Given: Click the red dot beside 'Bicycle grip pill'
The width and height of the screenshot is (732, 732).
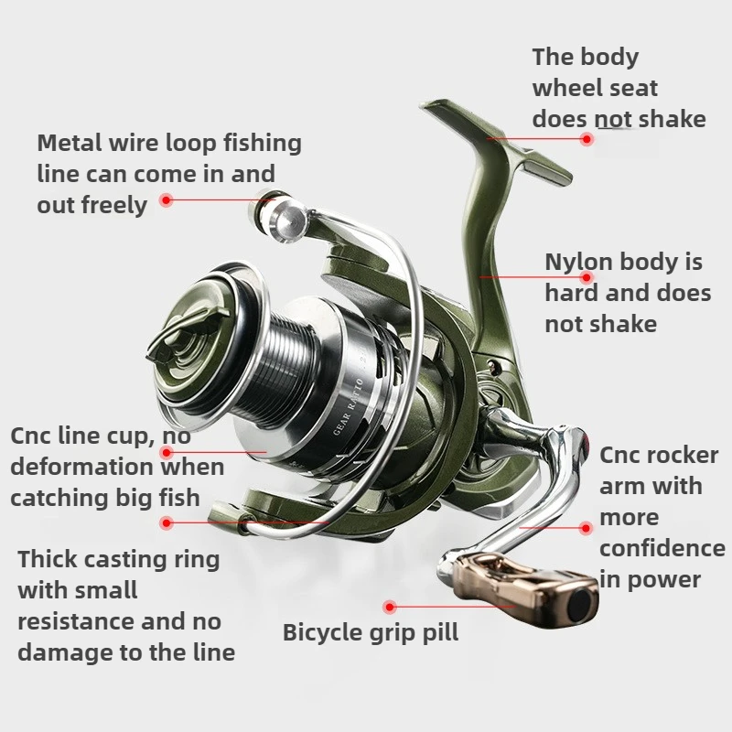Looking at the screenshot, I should (390, 606).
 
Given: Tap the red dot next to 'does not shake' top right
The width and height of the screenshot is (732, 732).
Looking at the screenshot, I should (587, 139).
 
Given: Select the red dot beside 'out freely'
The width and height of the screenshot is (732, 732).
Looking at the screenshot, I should (166, 199).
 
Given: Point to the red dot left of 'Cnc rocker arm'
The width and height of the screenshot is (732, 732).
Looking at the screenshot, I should (587, 528).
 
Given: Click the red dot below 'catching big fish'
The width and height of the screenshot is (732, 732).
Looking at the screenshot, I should (166, 523).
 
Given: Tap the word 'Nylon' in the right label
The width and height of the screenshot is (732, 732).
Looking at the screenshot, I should (578, 263).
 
